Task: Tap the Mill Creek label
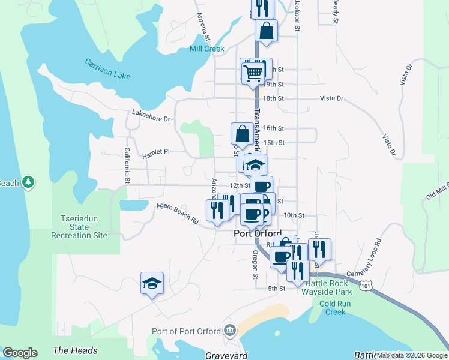[x=206, y=49]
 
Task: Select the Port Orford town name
[x=257, y=233]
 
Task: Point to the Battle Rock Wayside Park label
[x=332, y=287]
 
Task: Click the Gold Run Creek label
[x=332, y=308]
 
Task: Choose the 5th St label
[x=276, y=289]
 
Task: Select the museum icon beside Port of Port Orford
[x=229, y=330]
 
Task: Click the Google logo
[x=20, y=353]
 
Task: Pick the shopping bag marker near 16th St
[x=241, y=133]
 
